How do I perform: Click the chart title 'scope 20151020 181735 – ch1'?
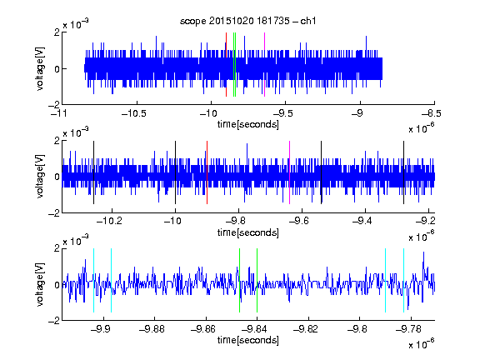pos(247,21)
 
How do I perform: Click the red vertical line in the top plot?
pos(226,65)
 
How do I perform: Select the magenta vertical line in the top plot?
pos(264,65)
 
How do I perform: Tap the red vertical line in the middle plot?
pos(207,172)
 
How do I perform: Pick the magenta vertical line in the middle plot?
pos(290,172)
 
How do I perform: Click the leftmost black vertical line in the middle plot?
pos(93,172)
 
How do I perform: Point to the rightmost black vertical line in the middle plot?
pos(403,172)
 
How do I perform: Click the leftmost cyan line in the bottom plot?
pos(93,280)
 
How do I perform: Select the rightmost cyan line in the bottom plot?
pos(403,280)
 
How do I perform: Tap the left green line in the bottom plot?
pos(239,280)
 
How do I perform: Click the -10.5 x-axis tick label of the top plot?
pos(134,113)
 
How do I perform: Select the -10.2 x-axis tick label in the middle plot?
pos(109,221)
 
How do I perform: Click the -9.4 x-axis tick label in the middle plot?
pos(362,221)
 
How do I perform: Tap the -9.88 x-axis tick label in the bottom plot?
pos(152,329)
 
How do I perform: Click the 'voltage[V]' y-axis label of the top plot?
pos(40,68)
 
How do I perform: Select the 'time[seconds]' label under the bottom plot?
pos(248,340)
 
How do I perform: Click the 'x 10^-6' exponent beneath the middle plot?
pos(422,237)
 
